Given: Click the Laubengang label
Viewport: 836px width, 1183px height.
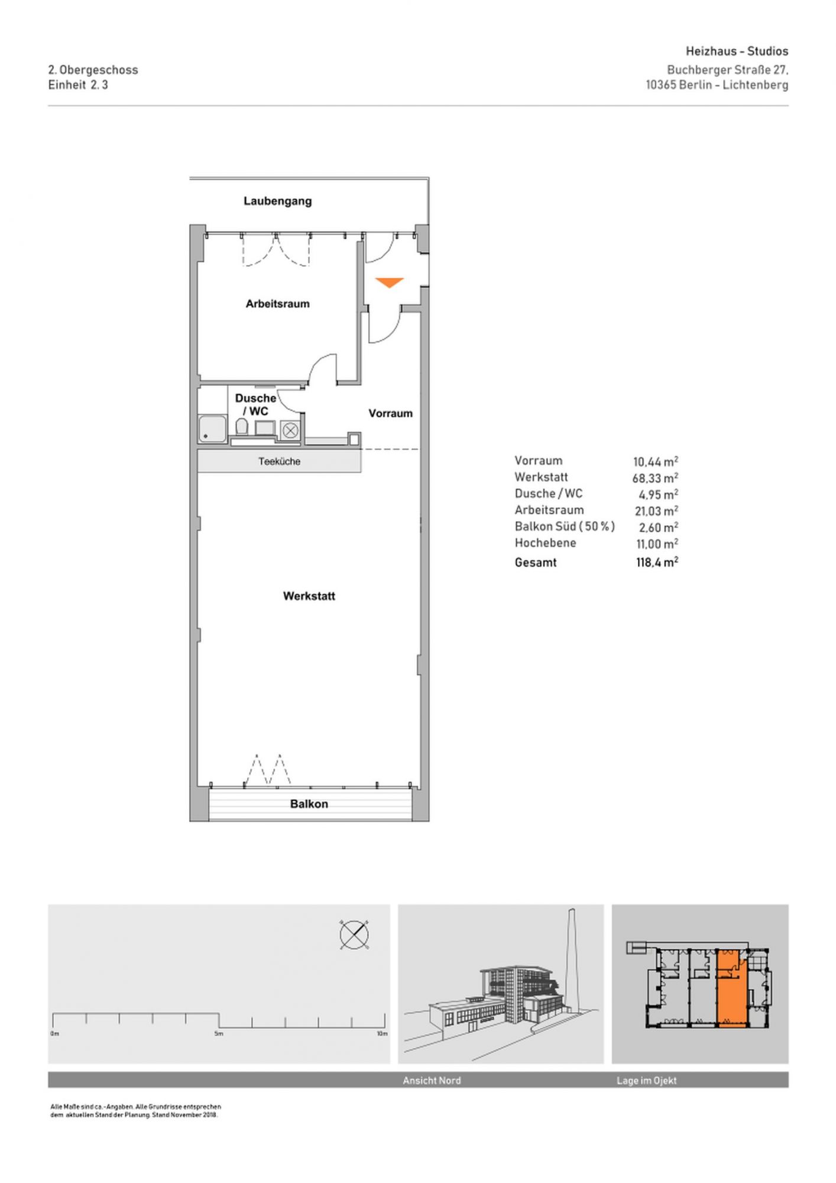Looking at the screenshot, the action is pos(277,201).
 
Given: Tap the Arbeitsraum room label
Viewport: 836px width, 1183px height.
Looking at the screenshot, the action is pos(277,304).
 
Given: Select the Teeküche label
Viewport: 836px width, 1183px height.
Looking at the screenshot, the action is pos(279,461).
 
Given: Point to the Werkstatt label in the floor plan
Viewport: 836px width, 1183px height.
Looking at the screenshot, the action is pos(309,596).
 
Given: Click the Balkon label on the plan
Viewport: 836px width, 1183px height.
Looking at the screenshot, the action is pos(309,804).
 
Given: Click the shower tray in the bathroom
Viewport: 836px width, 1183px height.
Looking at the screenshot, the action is pos(212,429).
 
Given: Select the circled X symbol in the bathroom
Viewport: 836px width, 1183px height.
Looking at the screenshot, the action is pos(290,431).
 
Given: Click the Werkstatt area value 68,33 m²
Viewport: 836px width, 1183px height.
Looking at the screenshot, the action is pos(655,477).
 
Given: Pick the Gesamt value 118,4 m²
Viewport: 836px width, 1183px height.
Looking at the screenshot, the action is pos(657,563).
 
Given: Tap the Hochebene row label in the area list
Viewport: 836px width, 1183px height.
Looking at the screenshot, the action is pos(545,543).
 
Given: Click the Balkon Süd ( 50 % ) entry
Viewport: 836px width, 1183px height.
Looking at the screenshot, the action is pos(565,526).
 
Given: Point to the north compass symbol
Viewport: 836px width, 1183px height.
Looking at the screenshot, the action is pos(354,935).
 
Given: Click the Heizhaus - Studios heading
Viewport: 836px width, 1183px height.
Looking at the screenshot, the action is pos(737,51).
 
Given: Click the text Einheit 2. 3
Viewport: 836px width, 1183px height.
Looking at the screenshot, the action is pos(78,85).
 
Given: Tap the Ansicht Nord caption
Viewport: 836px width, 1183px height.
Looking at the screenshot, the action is pos(432,1081).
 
